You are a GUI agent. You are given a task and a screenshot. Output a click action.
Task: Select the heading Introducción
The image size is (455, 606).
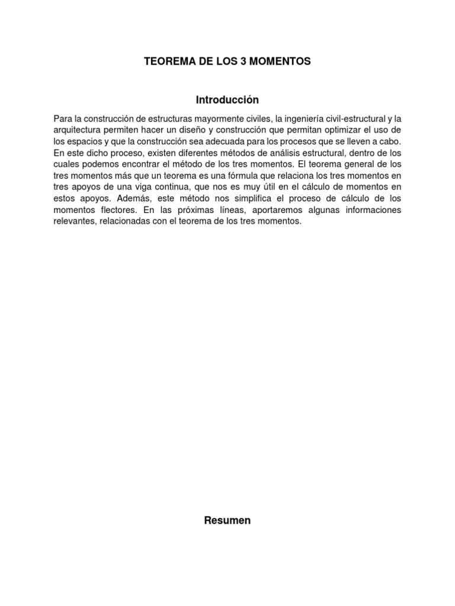(227, 99)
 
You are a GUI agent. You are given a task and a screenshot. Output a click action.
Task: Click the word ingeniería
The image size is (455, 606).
(310, 120)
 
